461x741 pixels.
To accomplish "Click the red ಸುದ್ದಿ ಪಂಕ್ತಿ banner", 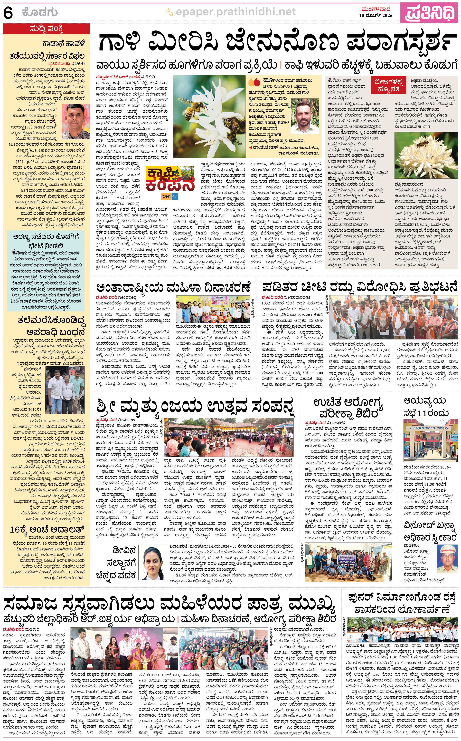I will pyautogui.click(x=46, y=29).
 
